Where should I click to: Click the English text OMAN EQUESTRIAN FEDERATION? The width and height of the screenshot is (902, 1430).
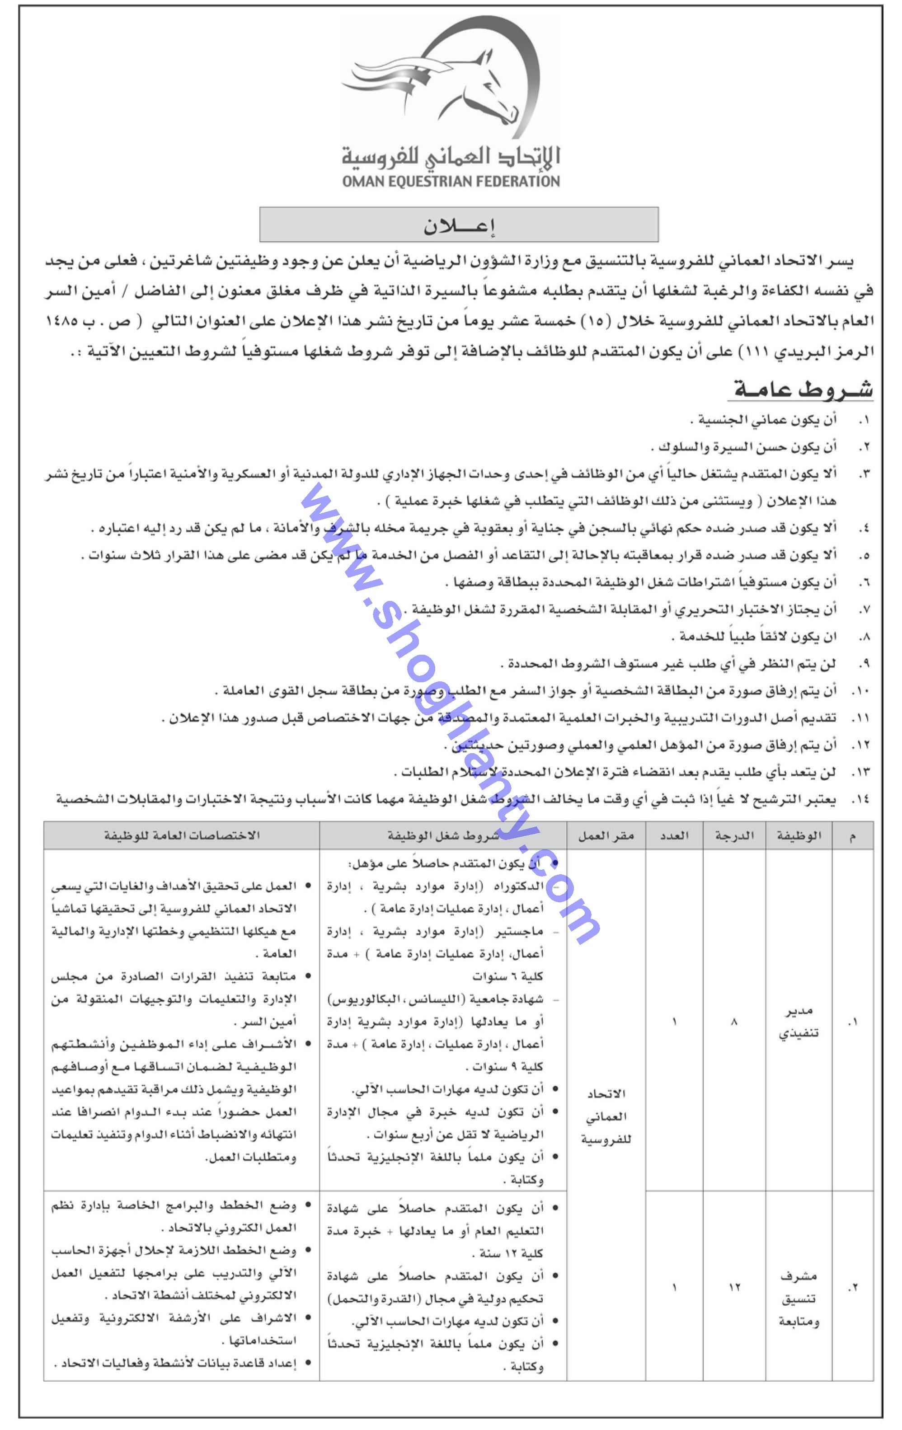tap(451, 181)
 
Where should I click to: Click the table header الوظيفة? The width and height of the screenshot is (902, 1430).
tap(799, 835)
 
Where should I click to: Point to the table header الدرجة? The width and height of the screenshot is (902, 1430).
tap(734, 835)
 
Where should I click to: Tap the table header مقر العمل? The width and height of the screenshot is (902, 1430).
tap(606, 835)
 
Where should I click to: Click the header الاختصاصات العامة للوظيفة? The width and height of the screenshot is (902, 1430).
tap(182, 835)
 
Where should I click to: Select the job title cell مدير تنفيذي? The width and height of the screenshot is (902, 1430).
tap(799, 1022)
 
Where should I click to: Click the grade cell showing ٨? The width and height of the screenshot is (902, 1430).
tap(734, 1022)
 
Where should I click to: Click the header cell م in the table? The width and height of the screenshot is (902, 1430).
tap(853, 835)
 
